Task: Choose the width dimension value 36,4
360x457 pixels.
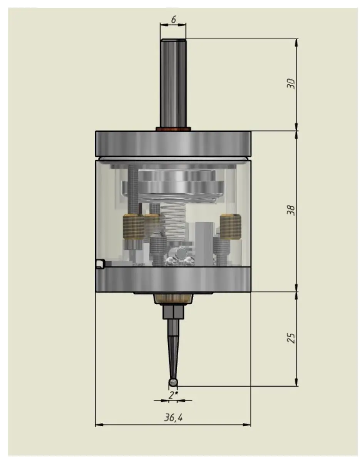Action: (x=173, y=418)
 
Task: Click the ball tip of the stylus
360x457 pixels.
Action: (x=173, y=382)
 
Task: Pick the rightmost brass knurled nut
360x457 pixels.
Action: (x=230, y=226)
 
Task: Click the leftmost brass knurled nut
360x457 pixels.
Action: (x=133, y=228)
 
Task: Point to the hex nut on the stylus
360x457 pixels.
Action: (x=173, y=312)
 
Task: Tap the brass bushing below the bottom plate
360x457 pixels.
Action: (x=173, y=299)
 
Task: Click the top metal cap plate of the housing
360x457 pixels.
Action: (x=173, y=144)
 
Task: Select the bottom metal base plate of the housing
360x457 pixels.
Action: (x=173, y=280)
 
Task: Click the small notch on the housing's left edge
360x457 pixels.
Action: (x=100, y=263)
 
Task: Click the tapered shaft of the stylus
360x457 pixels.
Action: (x=173, y=347)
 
